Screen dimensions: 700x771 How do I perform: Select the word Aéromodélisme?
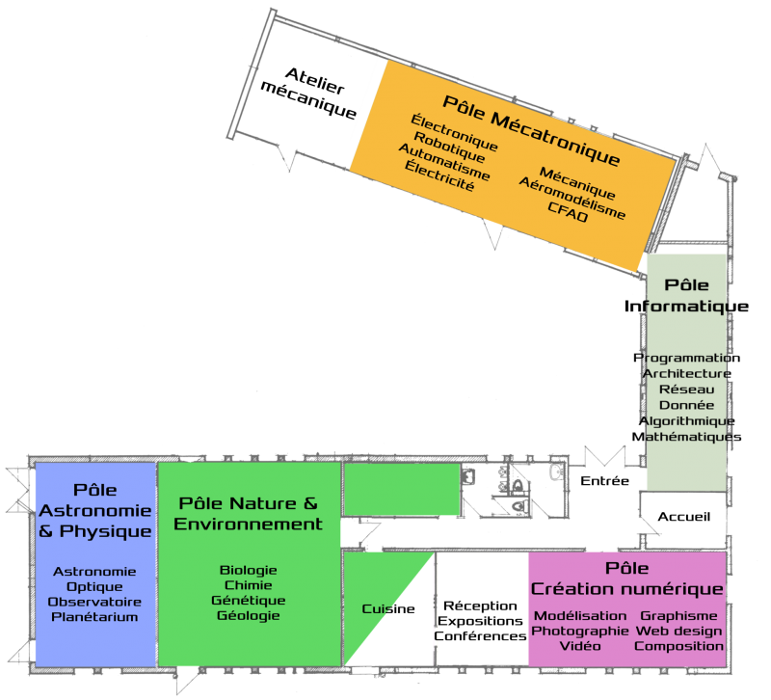[572, 198]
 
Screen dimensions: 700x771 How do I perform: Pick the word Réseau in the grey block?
[686, 390]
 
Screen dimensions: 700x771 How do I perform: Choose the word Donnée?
[686, 405]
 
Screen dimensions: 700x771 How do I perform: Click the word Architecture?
[686, 373]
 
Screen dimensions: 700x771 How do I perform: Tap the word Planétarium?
[94, 617]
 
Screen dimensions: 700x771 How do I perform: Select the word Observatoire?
[94, 602]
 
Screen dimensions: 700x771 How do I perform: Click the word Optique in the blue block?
[94, 586]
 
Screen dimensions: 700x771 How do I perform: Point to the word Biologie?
[248, 571]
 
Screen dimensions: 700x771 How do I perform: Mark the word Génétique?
[248, 601]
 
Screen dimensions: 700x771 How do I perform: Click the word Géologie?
[248, 616]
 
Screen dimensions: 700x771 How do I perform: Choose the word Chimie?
[248, 585]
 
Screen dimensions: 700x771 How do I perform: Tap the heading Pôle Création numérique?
[626, 579]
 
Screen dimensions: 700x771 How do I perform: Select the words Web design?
[678, 631]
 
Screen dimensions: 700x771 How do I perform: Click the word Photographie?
[579, 631]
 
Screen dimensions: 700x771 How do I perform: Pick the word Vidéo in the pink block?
[579, 646]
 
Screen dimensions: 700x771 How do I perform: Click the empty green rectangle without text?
[401, 489]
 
